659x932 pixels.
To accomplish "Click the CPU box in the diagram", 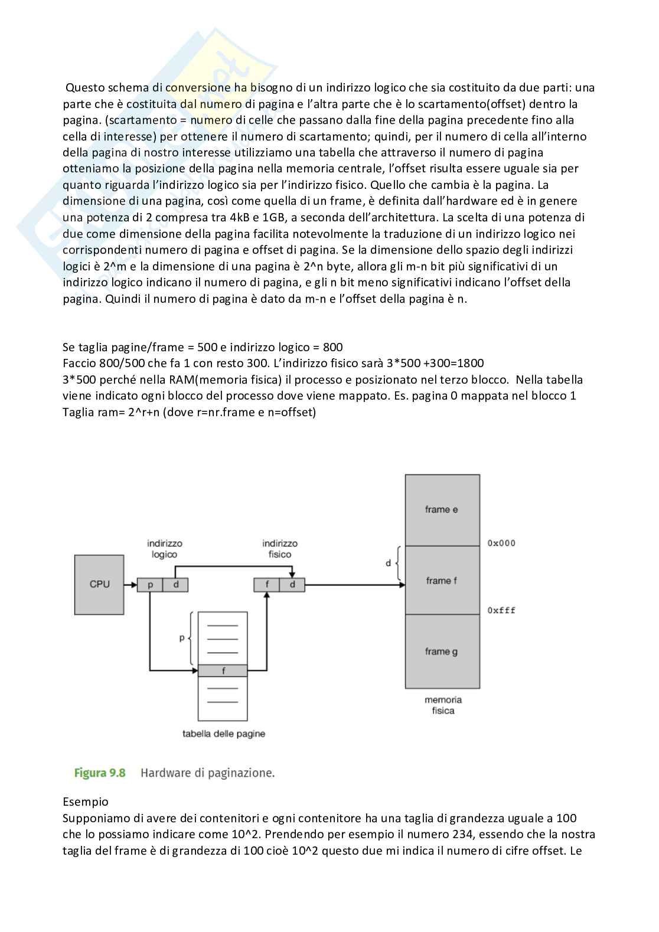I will [x=99, y=584].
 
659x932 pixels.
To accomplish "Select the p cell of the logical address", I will [x=150, y=585].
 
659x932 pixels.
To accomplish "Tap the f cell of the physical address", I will [x=267, y=585].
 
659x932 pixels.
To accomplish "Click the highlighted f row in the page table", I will [x=223, y=671].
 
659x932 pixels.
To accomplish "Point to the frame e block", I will [x=442, y=509].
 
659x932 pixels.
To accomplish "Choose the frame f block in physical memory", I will [x=442, y=581].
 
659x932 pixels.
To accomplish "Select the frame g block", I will [x=442, y=652].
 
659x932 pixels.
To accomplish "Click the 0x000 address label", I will [x=501, y=543].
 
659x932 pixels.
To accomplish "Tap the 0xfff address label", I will [x=501, y=610].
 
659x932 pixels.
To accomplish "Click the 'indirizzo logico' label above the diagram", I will [x=165, y=549].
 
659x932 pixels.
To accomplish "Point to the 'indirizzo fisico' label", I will [x=280, y=549].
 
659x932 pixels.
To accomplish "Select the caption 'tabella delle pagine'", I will [x=224, y=734].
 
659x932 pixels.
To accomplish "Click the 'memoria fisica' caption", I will [x=443, y=705].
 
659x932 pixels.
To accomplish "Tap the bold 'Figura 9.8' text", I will [x=100, y=773].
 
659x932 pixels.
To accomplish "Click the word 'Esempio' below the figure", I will [x=86, y=802].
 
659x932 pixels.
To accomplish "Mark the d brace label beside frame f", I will [x=388, y=563].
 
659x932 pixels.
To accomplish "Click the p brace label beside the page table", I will [x=182, y=638].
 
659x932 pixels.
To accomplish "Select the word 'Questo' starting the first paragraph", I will [x=84, y=88].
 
